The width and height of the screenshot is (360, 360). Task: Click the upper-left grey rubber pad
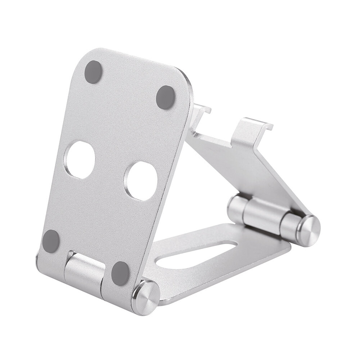click(94, 71)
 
